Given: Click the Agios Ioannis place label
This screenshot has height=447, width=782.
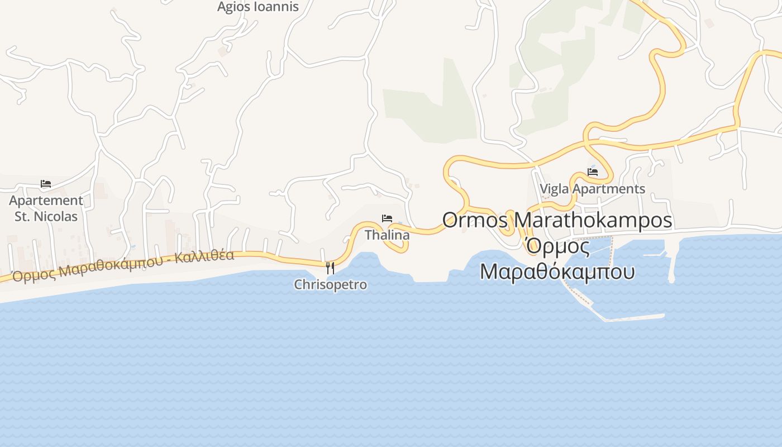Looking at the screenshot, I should tap(258, 7).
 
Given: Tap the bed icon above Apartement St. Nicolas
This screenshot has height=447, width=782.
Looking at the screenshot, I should tap(46, 183).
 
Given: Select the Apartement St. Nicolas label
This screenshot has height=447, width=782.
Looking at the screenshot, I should tap(46, 208).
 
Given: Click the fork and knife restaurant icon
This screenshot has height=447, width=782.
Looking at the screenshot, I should tap(330, 268).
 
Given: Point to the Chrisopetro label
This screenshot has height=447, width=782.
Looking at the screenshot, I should tap(331, 284).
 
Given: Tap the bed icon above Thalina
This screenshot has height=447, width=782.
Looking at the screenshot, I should tap(387, 218).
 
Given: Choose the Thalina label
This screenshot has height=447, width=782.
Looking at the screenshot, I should tap(387, 235).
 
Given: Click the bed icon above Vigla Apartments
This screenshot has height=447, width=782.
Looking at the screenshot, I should tap(593, 172).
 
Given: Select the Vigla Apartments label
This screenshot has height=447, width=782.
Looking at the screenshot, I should tap(592, 189).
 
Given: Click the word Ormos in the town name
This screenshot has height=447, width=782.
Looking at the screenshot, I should tap(475, 220).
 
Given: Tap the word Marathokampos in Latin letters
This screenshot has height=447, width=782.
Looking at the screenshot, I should tap(593, 220).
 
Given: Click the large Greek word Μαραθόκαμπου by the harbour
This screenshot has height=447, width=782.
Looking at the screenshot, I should tap(557, 272).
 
